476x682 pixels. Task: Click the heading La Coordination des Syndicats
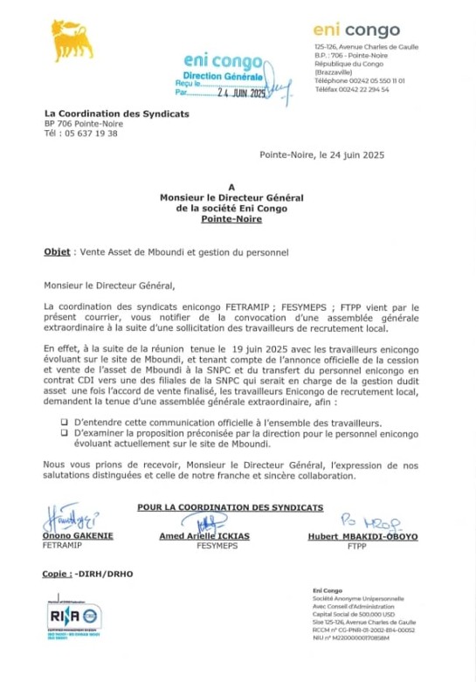pyautogui.click(x=116, y=114)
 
